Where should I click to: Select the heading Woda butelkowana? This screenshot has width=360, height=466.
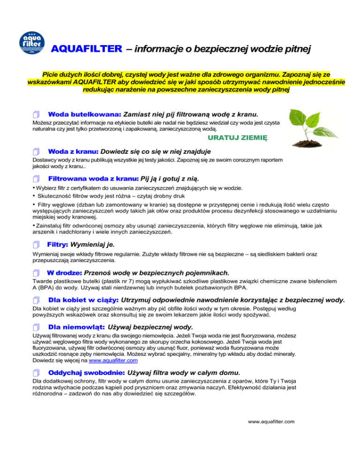click(x=85, y=114)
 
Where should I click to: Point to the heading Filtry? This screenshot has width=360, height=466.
click(x=58, y=245)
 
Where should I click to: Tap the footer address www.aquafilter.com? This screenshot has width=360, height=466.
click(x=271, y=422)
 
